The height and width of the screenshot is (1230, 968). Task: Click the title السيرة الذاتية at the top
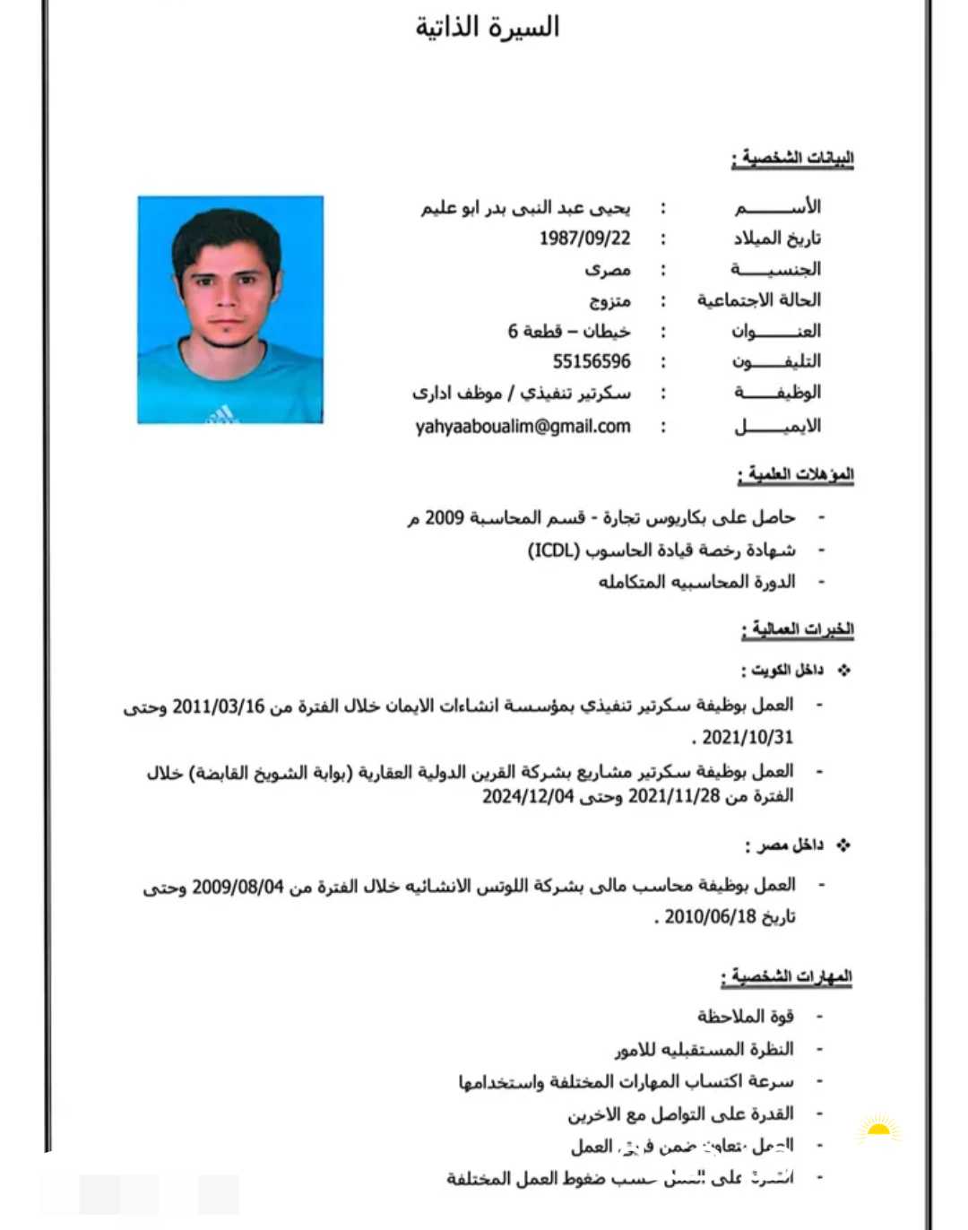[x=487, y=28]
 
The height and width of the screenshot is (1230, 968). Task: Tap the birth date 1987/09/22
[x=584, y=238]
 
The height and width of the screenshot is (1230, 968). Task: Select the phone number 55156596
[x=592, y=361]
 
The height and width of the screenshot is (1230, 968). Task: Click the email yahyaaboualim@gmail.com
[x=523, y=427]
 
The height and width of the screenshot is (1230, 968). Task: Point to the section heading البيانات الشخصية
[x=793, y=159]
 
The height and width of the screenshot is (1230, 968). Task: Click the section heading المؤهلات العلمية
[x=796, y=473]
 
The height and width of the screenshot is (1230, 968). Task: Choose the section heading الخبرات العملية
[x=798, y=628]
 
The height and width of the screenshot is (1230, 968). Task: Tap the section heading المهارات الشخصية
[x=787, y=975]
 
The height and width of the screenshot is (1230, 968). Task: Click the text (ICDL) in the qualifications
[x=554, y=550]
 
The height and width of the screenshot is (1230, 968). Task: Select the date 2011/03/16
[x=219, y=706]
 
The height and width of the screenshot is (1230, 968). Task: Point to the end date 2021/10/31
[x=748, y=738]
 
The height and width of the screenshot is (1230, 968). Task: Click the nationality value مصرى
[x=608, y=269]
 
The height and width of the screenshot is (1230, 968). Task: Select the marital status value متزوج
[x=609, y=300]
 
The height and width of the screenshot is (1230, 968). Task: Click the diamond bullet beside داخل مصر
[x=843, y=845]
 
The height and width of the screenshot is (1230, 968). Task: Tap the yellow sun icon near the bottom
[x=878, y=1129]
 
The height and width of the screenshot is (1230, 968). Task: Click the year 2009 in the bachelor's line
[x=445, y=517]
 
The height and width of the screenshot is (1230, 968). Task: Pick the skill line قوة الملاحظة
[x=745, y=1017]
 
